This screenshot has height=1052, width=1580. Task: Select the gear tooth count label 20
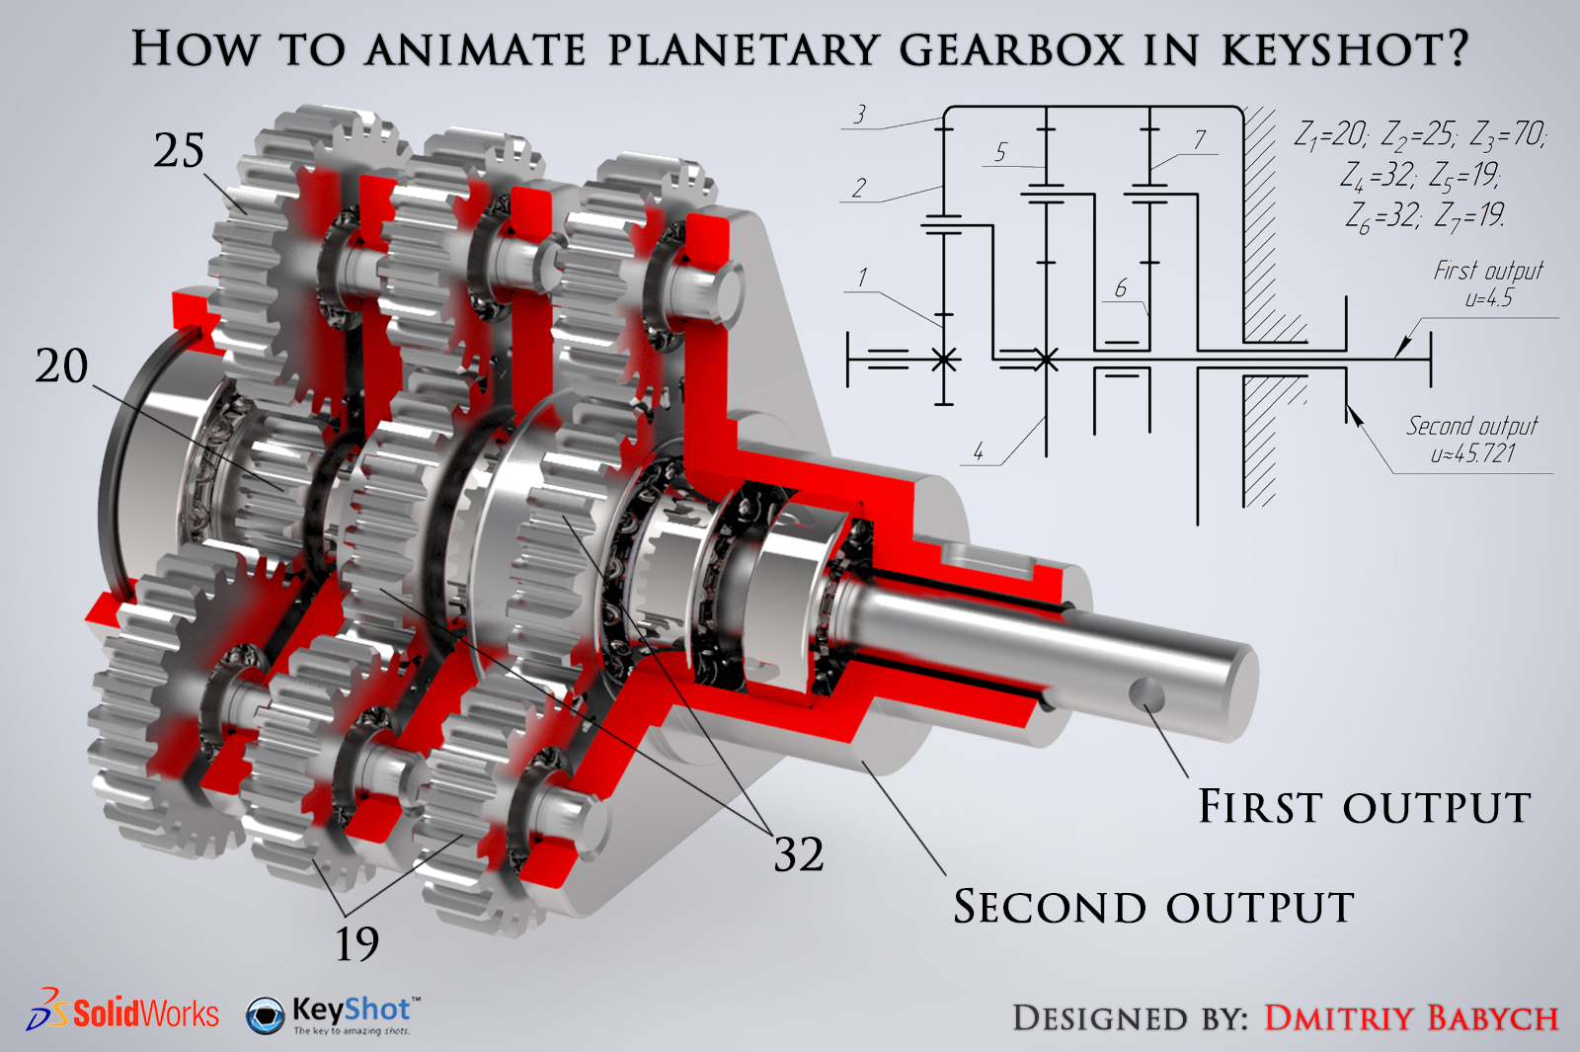pyautogui.click(x=62, y=365)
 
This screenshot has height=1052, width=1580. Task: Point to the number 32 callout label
pyautogui.click(x=799, y=854)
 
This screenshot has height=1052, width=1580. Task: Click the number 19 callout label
pyautogui.click(x=356, y=944)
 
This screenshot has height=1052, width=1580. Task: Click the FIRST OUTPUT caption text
pyautogui.click(x=1364, y=806)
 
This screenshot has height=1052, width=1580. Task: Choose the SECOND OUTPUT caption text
pyautogui.click(x=1154, y=907)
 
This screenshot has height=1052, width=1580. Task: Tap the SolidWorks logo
pyautogui.click(x=122, y=1011)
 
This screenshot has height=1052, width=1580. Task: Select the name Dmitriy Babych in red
pyautogui.click(x=1411, y=1018)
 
